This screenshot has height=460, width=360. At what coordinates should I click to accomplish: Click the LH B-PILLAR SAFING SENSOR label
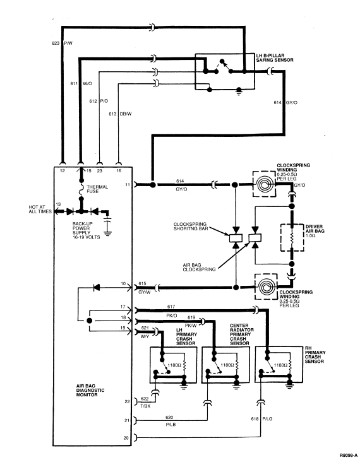tap(275, 58)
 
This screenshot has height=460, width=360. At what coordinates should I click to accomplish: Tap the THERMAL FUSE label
tap(97, 189)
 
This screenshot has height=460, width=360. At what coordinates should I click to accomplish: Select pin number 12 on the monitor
tap(63, 171)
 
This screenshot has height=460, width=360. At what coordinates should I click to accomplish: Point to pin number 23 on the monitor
tap(100, 171)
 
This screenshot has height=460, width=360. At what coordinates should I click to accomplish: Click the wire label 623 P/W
tap(62, 43)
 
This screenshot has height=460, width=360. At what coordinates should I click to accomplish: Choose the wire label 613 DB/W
tap(120, 114)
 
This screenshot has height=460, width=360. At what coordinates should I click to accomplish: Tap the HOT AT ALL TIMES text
tap(40, 209)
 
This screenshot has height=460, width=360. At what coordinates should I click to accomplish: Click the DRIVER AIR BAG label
tap(315, 231)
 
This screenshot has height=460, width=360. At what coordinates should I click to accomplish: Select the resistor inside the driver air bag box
tap(292, 238)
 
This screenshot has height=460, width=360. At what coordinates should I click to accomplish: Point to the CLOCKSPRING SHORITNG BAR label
tap(191, 226)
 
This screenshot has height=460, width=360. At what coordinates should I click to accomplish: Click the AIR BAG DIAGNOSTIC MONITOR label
tap(90, 390)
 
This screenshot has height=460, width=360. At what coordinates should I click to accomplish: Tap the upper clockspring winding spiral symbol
tap(264, 184)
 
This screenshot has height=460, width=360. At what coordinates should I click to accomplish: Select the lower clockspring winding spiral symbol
tap(266, 286)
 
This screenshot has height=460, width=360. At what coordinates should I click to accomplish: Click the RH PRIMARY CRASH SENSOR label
tap(315, 355)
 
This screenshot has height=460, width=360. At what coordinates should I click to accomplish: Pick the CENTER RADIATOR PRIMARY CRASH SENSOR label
tap(242, 334)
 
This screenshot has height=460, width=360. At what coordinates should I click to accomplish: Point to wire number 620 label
tap(169, 417)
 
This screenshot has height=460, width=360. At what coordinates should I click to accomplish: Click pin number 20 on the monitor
tap(126, 438)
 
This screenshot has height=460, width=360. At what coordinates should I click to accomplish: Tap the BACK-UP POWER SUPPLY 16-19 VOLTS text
tap(87, 230)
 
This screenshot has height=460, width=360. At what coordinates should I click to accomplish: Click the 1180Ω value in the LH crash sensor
tap(174, 365)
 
